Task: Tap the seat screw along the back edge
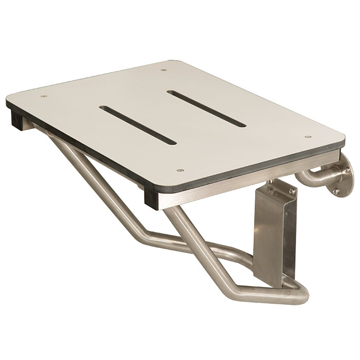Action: pyautogui.click(x=164, y=70)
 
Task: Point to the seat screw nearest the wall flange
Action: pyautogui.click(x=307, y=137)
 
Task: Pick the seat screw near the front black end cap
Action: pyautogui.click(x=179, y=170)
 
